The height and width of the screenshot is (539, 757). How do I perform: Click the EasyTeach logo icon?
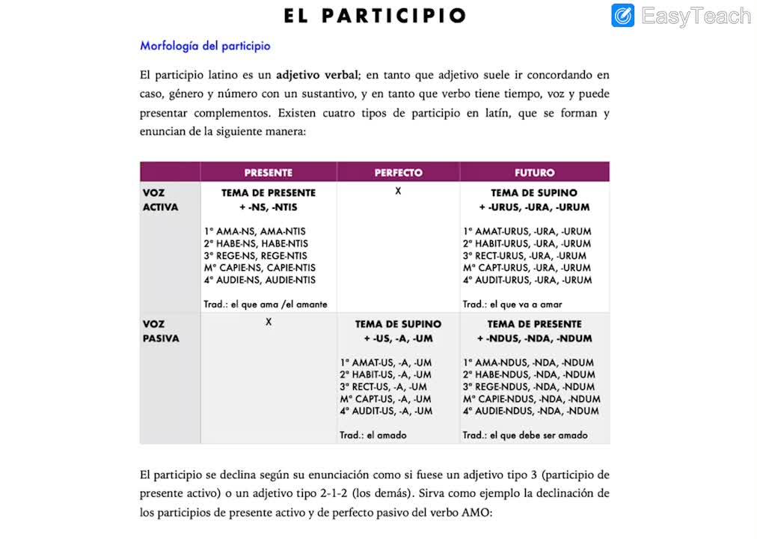click(x=622, y=16)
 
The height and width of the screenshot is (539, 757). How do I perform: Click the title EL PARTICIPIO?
click(x=375, y=16)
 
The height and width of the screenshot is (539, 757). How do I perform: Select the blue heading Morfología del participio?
click(x=205, y=46)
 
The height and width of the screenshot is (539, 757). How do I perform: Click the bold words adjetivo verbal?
click(x=317, y=75)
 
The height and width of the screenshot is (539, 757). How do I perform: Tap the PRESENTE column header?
click(x=268, y=172)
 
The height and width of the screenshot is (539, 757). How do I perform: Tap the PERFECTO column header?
click(x=398, y=172)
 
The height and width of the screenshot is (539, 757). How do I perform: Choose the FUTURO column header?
click(x=534, y=172)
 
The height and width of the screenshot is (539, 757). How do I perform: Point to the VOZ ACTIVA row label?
click(x=160, y=200)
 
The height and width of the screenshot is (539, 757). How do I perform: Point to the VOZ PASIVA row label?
click(x=161, y=331)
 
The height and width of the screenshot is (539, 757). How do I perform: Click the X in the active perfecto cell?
click(x=398, y=192)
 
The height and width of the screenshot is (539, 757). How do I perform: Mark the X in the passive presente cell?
click(x=268, y=322)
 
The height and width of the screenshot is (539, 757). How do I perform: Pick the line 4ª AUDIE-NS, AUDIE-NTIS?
click(x=259, y=280)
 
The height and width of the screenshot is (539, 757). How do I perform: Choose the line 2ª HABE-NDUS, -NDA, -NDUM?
click(x=529, y=374)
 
